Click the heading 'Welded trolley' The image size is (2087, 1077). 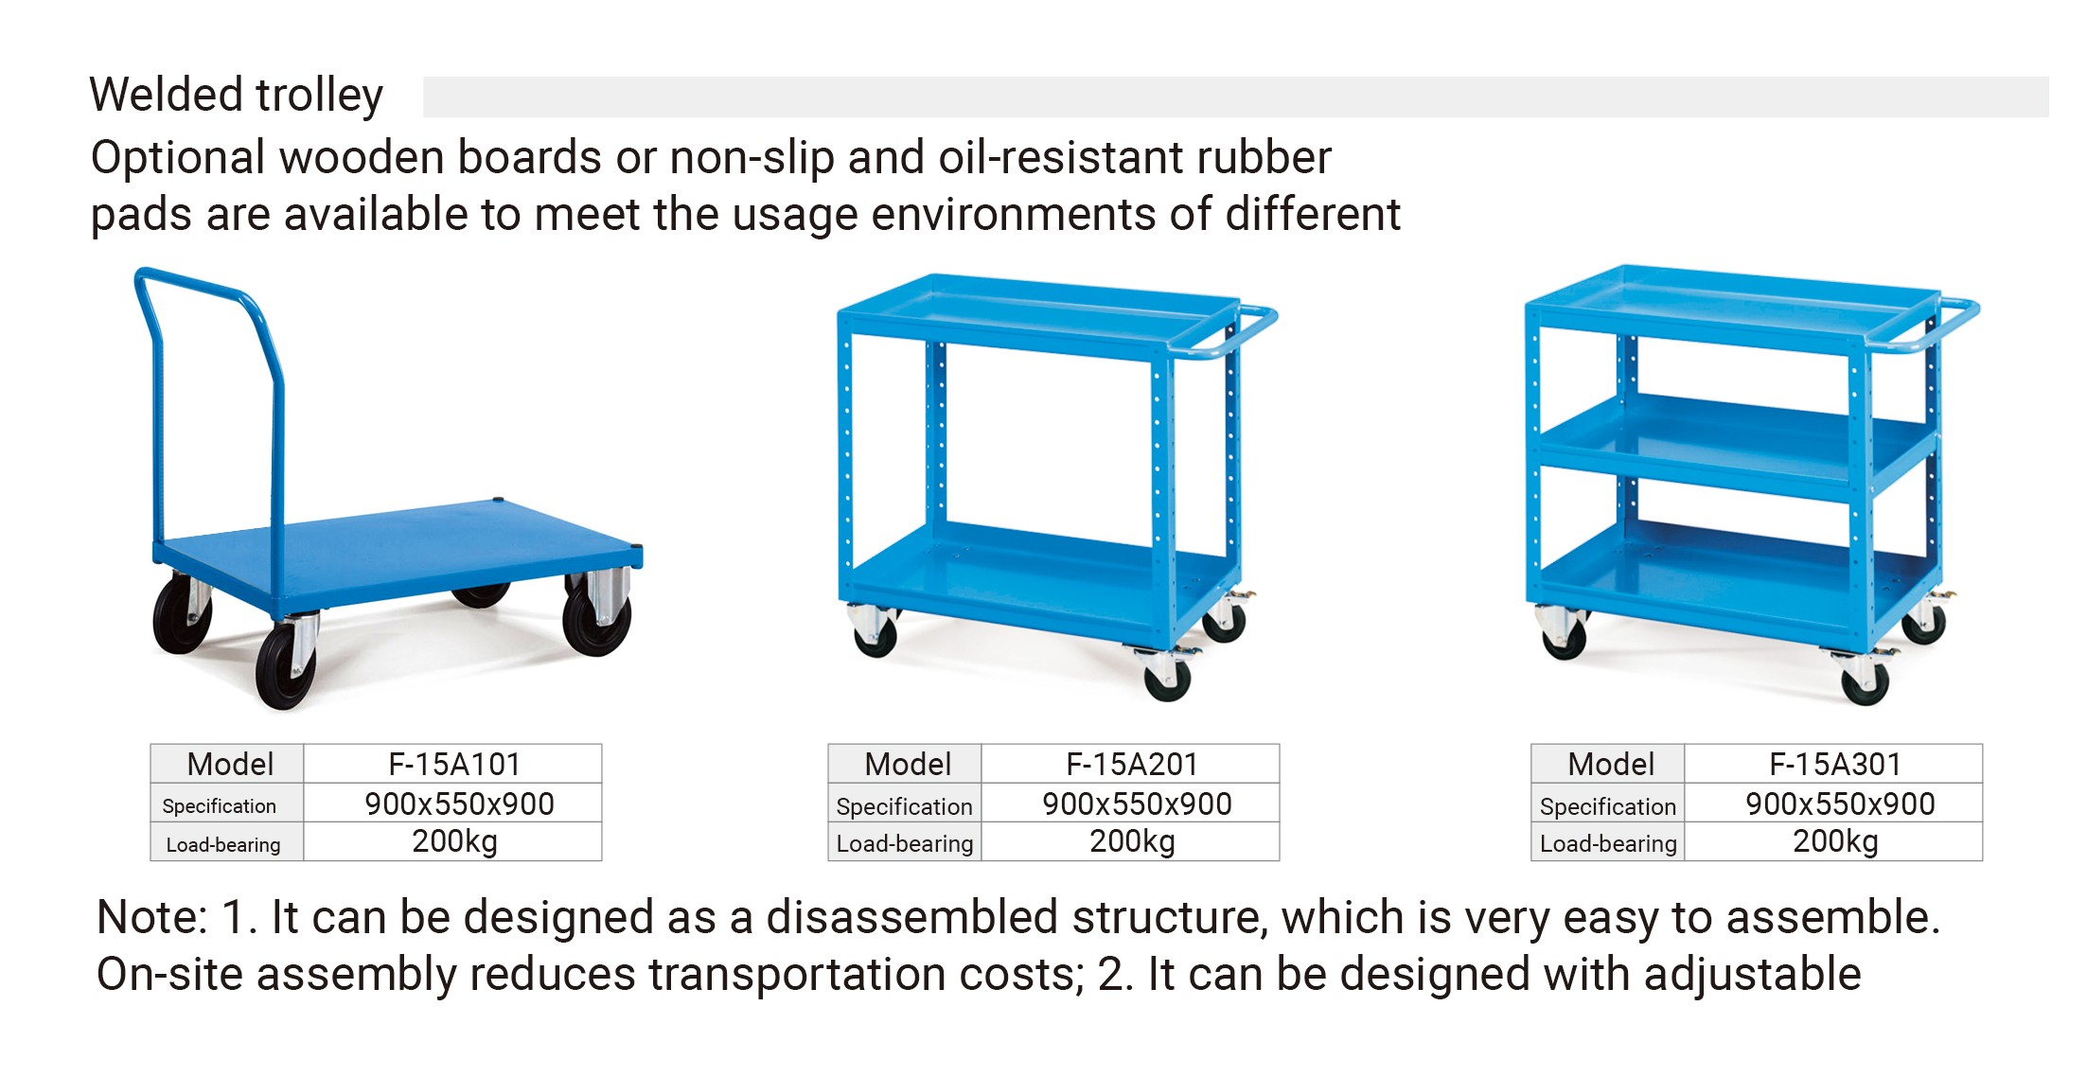[x=237, y=96]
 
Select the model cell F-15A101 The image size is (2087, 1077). [x=454, y=764]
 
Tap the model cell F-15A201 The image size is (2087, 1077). [x=1132, y=764]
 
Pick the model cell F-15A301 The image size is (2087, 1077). [x=1835, y=764]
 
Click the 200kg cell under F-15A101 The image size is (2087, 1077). [x=454, y=841]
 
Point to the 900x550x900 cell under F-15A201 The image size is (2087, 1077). [x=1137, y=803]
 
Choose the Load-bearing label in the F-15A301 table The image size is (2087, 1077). [x=1608, y=843]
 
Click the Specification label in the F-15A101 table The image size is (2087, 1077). [x=220, y=806]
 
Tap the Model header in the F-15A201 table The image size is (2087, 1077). [x=908, y=764]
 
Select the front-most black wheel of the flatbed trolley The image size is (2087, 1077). [x=285, y=665]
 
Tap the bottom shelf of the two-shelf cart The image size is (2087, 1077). [x=1036, y=573]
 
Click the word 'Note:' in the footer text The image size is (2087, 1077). [x=151, y=917]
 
